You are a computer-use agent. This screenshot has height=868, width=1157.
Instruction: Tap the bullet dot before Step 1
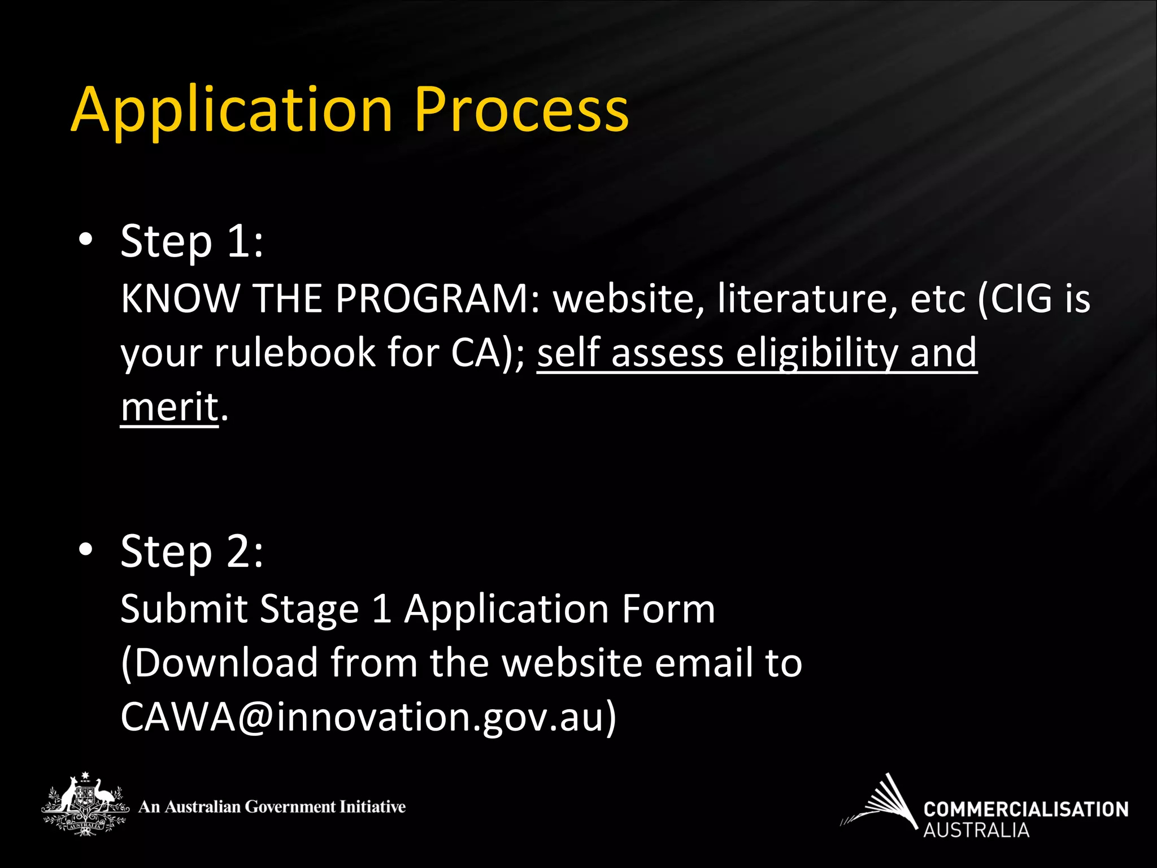85,240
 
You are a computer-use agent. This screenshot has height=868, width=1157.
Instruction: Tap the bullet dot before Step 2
85,549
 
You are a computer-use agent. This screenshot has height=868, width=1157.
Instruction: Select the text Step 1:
192,241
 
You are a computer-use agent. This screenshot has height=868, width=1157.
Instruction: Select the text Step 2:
192,552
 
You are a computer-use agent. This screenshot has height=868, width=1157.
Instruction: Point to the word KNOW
181,298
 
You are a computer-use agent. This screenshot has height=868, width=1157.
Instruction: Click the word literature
807,298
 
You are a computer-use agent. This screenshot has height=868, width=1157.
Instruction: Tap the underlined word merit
169,407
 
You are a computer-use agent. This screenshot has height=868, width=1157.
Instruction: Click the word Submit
183,609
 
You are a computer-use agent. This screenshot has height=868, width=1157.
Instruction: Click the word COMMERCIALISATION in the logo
1025,809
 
